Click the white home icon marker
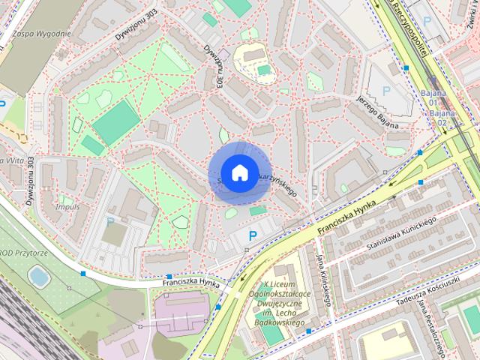(238, 172)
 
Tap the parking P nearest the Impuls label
(110, 221)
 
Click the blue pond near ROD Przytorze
(38, 277)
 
